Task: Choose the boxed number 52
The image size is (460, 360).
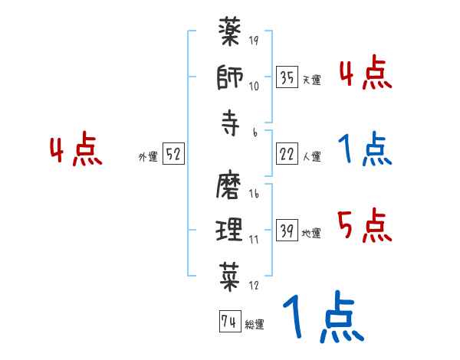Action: (x=174, y=154)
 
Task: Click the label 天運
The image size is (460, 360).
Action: (x=311, y=80)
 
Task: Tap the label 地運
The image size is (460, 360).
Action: (x=311, y=233)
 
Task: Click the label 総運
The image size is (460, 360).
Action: (x=254, y=324)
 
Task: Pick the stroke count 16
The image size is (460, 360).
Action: (x=254, y=195)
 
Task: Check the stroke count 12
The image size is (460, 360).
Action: (x=254, y=285)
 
